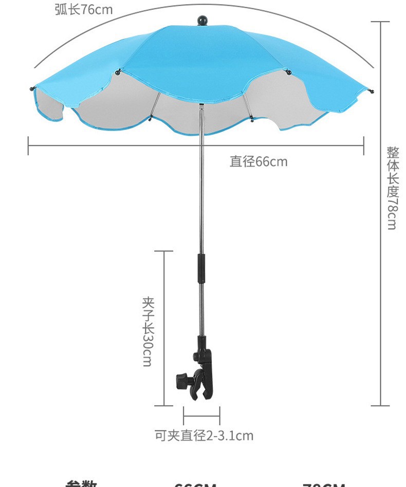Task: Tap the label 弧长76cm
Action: point(83,9)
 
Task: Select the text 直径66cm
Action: point(259,162)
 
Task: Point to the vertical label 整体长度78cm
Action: point(392,188)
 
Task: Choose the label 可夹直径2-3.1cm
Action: point(204,436)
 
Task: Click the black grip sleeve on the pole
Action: point(202,267)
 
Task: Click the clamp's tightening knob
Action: point(182,381)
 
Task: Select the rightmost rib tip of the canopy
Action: point(371,91)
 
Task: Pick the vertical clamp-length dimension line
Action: point(164,329)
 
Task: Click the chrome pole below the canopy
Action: point(201,195)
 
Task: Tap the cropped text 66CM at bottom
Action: point(195,484)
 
